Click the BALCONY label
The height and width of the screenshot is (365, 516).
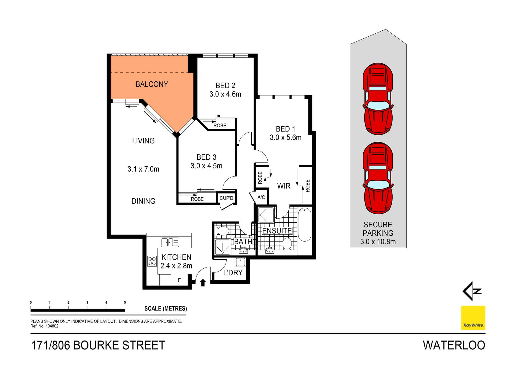point(152,84)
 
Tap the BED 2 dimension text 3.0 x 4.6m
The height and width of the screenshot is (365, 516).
point(225,94)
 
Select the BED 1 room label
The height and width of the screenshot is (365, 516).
point(285,129)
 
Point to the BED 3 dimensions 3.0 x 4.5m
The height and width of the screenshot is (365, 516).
point(206,166)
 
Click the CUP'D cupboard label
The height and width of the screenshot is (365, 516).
point(226,198)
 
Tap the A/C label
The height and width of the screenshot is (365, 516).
point(261,197)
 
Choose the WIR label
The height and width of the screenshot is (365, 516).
point(284,186)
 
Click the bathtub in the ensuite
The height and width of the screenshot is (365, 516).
point(304,225)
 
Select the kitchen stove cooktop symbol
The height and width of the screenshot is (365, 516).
point(152,261)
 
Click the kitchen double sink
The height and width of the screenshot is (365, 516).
point(170,242)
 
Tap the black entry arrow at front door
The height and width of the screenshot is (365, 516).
point(203,282)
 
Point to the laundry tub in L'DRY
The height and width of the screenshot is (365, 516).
point(240,262)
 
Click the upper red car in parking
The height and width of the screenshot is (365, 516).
point(378,99)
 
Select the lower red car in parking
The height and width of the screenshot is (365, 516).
point(378,178)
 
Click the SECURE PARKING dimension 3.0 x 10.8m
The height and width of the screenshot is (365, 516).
point(378,242)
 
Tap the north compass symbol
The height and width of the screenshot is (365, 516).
point(472,291)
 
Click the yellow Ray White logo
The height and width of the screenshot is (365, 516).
point(473,318)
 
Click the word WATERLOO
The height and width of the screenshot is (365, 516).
point(454,345)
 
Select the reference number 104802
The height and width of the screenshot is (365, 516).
point(52,326)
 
